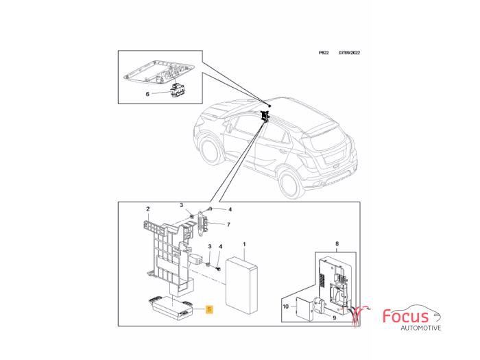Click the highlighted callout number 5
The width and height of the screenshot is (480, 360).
click(x=209, y=309)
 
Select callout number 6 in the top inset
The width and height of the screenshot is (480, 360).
click(x=147, y=94)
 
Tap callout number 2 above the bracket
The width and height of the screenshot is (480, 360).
click(x=148, y=209)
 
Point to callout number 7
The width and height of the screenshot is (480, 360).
click(x=228, y=225)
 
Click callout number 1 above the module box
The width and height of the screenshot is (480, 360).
click(x=244, y=244)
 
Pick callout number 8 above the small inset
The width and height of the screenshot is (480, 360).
click(x=337, y=244)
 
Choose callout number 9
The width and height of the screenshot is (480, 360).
click(x=335, y=317)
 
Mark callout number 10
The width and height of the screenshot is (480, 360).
click(x=286, y=307)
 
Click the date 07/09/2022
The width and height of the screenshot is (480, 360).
click(x=349, y=53)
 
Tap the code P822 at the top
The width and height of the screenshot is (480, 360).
click(x=324, y=53)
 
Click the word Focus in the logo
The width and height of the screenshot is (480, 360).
click(x=406, y=316)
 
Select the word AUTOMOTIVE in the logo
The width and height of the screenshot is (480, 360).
click(x=421, y=328)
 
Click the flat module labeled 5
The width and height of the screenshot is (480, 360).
click(x=171, y=309)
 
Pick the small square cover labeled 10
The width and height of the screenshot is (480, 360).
click(x=304, y=309)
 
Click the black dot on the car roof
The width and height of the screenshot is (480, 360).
click(x=269, y=106)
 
